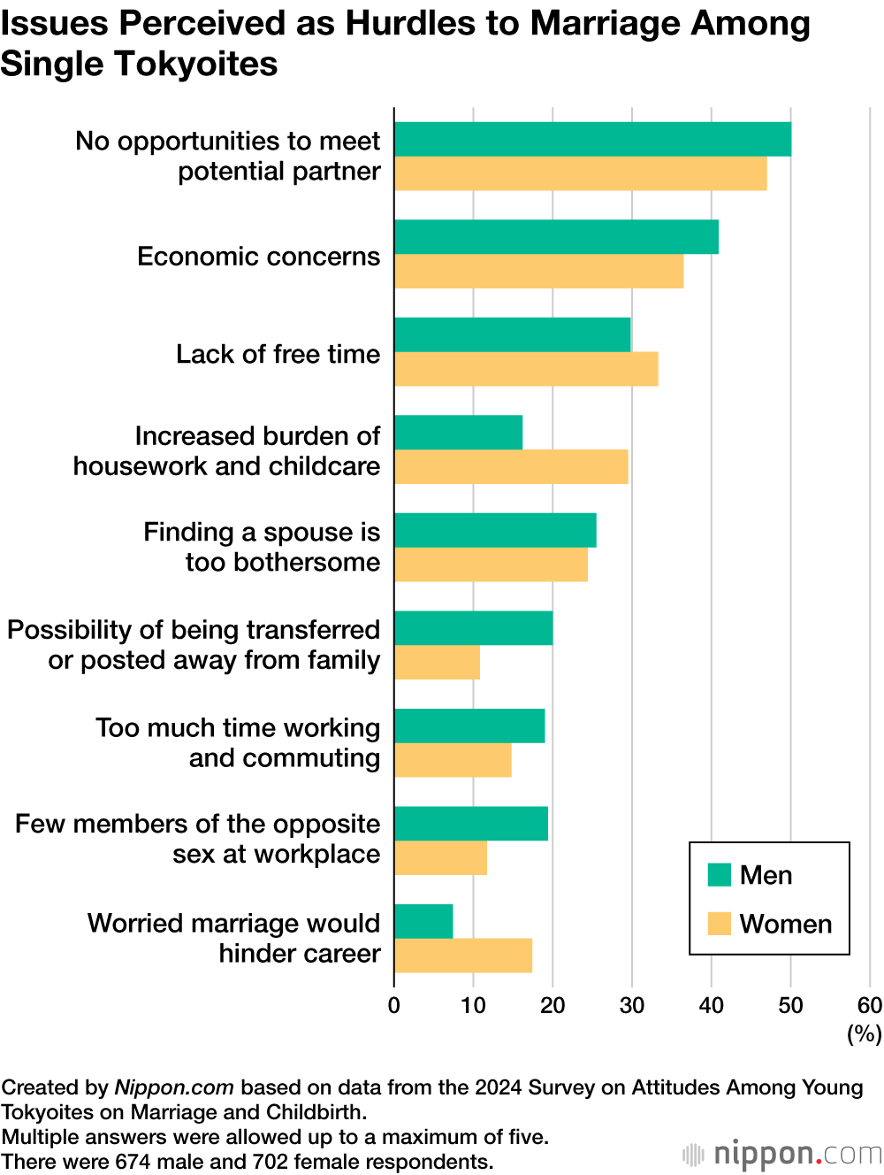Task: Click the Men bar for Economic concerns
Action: click(x=556, y=237)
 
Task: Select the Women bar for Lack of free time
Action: click(x=526, y=369)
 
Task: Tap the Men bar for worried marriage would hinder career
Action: click(x=423, y=921)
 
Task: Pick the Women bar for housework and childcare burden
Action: click(x=511, y=466)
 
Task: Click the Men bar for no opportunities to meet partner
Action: click(x=592, y=139)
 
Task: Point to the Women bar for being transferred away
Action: click(x=437, y=663)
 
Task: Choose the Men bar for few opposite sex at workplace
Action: click(x=471, y=824)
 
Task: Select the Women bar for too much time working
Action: click(x=453, y=760)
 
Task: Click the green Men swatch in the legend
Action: click(x=720, y=875)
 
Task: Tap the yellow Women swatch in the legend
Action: click(x=720, y=924)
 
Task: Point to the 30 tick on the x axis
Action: click(x=632, y=1005)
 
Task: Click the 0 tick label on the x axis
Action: click(x=394, y=1005)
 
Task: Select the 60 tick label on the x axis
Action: click(x=870, y=1005)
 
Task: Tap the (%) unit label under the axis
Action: click(x=865, y=1033)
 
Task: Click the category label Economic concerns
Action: click(x=259, y=257)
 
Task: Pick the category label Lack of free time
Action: click(x=278, y=354)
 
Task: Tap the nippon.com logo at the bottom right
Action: click(x=783, y=1154)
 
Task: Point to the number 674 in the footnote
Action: click(x=133, y=1162)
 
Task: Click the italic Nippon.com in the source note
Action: click(x=174, y=1087)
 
